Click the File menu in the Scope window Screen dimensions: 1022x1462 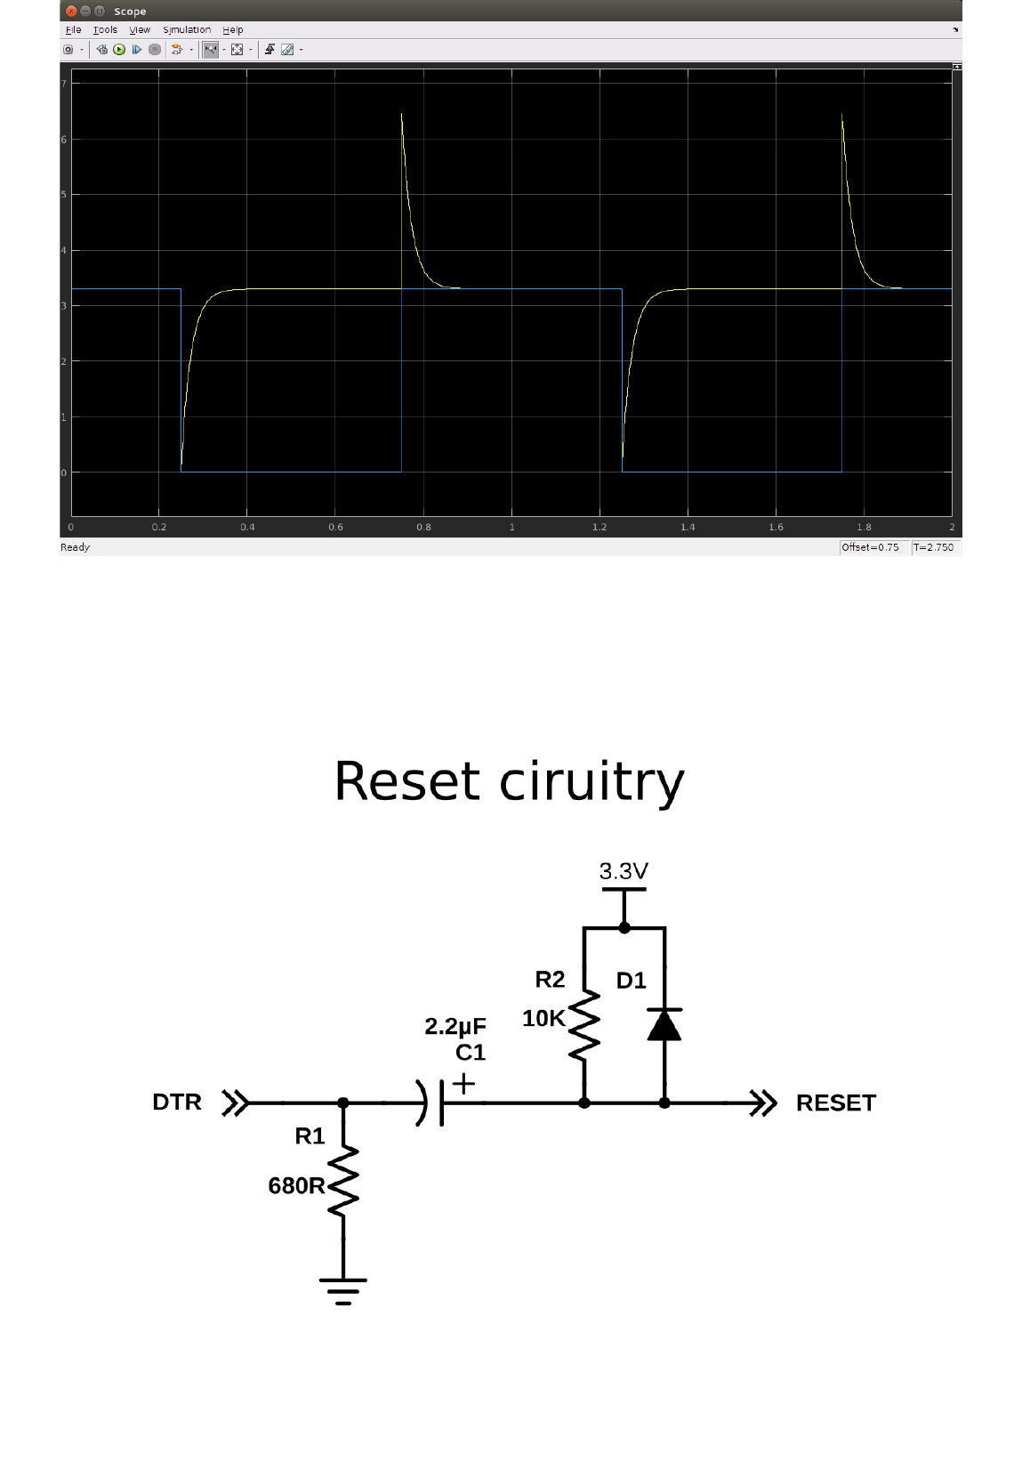click(x=73, y=30)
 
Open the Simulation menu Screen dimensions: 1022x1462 click(x=186, y=30)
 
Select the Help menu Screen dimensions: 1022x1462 click(x=232, y=30)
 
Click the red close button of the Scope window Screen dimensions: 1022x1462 click(x=71, y=12)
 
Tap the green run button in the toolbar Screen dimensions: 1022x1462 click(x=119, y=50)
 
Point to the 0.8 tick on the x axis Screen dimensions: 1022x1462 click(x=423, y=528)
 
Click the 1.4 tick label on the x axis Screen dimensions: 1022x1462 click(x=688, y=528)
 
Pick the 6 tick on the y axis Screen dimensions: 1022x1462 click(x=64, y=140)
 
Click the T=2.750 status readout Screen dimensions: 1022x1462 click(x=933, y=547)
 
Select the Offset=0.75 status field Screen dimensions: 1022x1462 click(x=870, y=547)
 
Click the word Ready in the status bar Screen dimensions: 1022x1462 click(x=76, y=547)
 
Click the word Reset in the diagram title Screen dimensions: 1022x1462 click(x=406, y=782)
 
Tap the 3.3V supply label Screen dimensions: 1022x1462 click(x=624, y=871)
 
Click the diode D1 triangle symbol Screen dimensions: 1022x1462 click(x=664, y=1025)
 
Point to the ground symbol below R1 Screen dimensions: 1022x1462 click(x=343, y=1289)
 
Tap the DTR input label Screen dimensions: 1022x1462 click(x=177, y=1103)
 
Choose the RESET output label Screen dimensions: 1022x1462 click(x=835, y=1103)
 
